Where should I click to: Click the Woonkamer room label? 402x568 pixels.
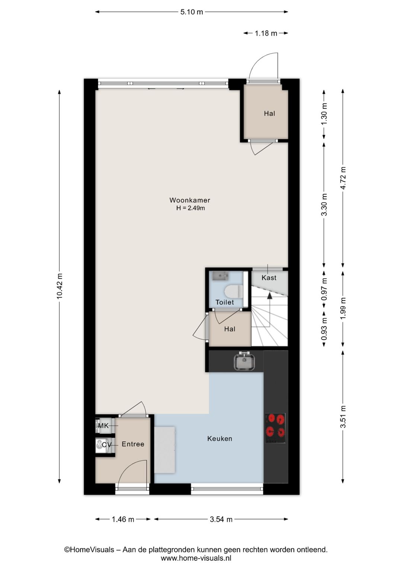[190, 200]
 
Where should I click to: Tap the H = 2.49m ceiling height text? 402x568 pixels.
[191, 208]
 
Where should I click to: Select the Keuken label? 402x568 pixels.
[220, 439]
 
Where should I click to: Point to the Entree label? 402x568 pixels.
[133, 444]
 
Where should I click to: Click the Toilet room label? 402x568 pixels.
[225, 302]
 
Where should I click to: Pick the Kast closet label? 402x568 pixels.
[269, 278]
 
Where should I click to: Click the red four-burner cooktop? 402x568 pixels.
[275, 428]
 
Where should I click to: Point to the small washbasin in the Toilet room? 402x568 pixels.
[220, 276]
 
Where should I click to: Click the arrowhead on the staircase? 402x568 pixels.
[269, 295]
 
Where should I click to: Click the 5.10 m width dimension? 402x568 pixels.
[192, 12]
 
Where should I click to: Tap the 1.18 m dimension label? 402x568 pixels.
[266, 33]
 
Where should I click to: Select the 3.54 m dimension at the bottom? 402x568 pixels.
[221, 519]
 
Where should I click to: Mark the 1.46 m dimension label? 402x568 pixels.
[123, 519]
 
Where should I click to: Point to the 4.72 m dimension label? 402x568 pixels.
[343, 178]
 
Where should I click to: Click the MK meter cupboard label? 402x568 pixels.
[103, 426]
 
